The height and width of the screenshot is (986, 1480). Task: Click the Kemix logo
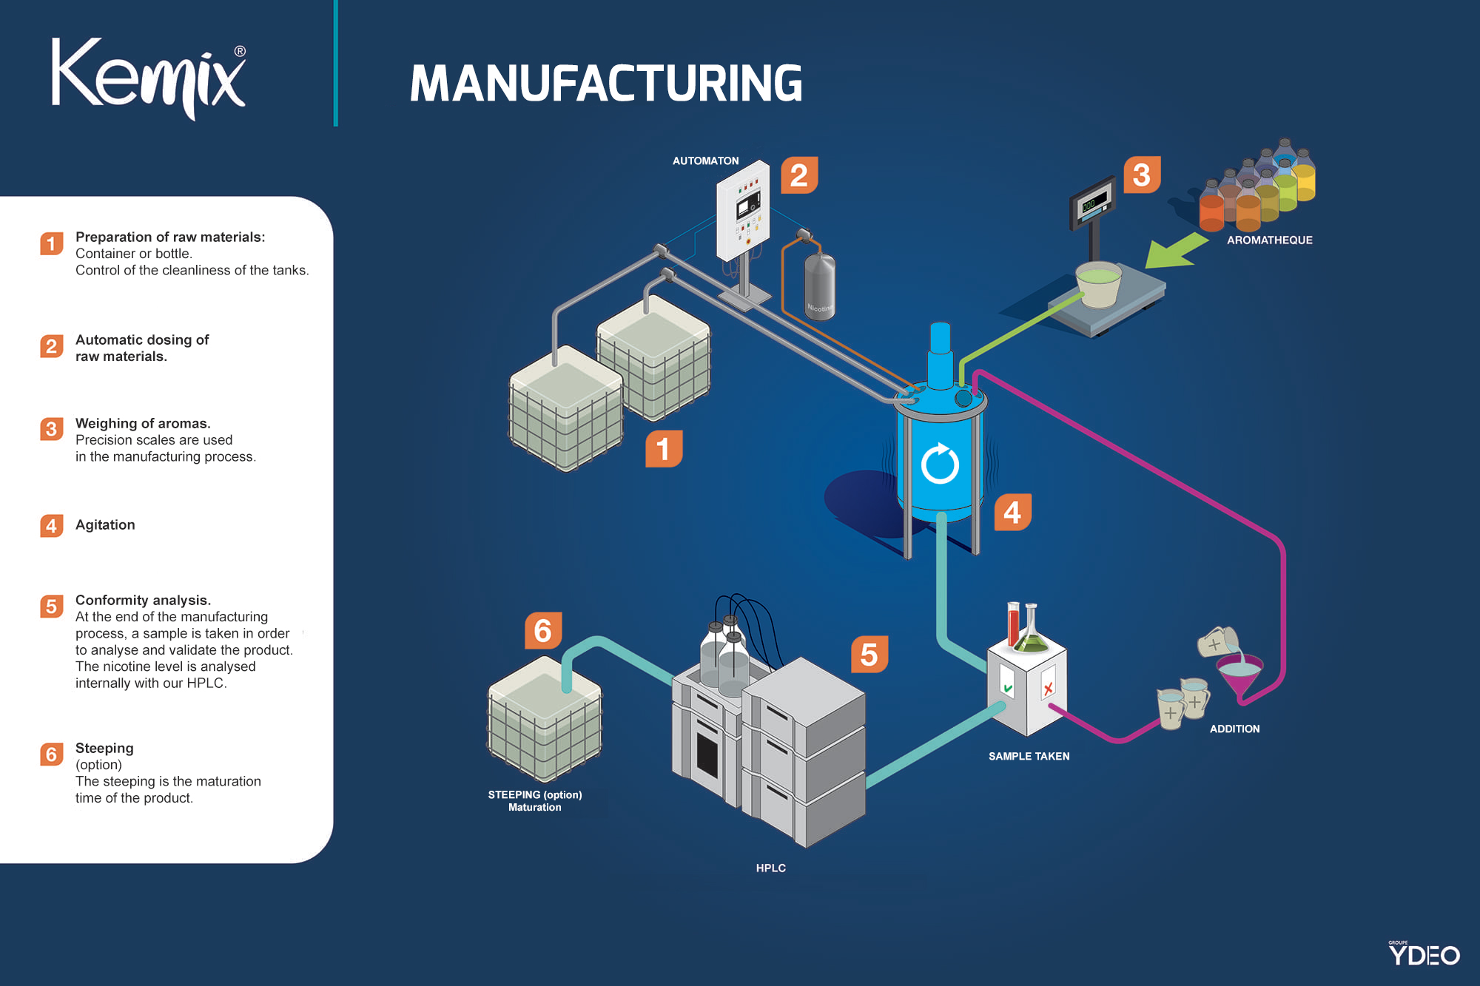148,78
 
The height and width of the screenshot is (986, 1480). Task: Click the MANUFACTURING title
605,83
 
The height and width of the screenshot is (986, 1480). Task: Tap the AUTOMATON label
705,161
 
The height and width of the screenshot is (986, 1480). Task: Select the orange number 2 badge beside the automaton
799,175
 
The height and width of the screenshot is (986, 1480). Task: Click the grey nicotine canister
819,287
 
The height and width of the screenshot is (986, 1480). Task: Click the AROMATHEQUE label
1269,240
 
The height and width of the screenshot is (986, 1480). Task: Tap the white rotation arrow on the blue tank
940,464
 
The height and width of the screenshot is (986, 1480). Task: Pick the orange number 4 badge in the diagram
1012,512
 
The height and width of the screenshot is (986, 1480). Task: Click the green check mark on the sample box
1007,688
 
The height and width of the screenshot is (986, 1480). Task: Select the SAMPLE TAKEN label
1029,756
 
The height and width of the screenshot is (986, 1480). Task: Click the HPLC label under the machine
770,868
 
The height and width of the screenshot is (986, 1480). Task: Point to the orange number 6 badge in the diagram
543,631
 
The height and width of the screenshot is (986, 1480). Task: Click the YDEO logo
1423,954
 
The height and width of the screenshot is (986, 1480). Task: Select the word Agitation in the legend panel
105,524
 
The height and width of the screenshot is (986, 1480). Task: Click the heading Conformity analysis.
143,600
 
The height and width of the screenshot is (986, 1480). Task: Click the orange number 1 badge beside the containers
663,448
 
